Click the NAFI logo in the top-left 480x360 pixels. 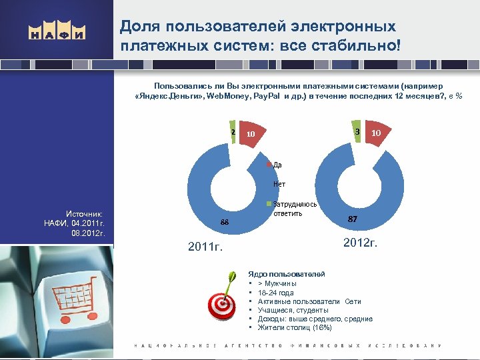pos(56,33)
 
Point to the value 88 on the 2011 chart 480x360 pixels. pos(225,223)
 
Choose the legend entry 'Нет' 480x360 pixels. pos(279,185)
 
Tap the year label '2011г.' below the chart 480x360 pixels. pos(205,248)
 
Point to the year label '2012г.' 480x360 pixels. pos(360,242)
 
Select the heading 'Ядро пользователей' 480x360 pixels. pos(286,274)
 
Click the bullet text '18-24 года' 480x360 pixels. pos(275,293)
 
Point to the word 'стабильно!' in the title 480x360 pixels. pos(363,47)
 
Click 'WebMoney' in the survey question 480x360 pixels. pos(228,97)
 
